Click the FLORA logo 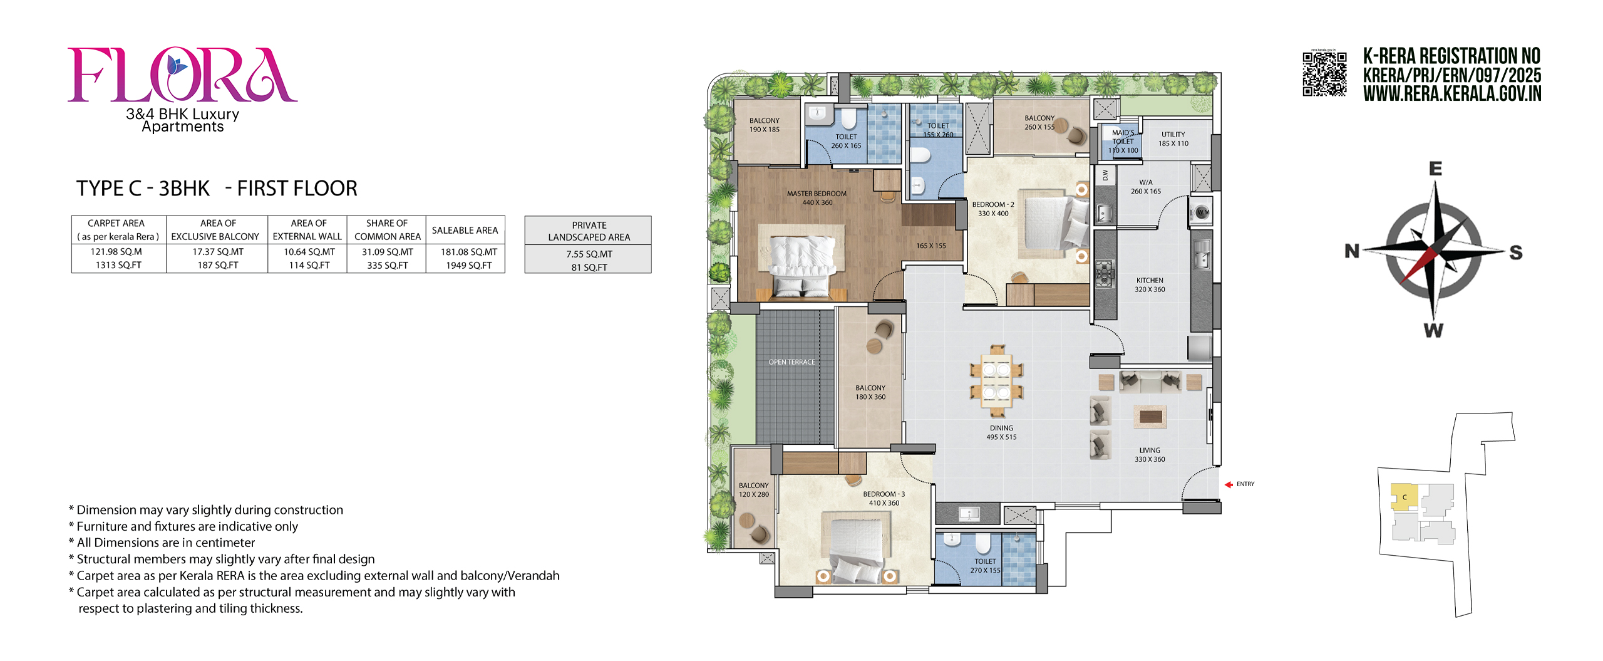[x=182, y=75]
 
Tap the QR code [x=1324, y=74]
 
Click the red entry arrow [x=1229, y=484]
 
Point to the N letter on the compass [x=1352, y=251]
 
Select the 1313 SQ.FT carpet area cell [x=118, y=265]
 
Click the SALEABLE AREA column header [x=465, y=230]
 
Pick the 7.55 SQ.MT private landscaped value [x=589, y=254]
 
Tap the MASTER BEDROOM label [x=817, y=194]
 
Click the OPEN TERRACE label [x=792, y=362]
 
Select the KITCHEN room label [x=1150, y=281]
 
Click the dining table [x=996, y=381]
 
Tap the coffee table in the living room [x=1150, y=416]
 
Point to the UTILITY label [x=1173, y=134]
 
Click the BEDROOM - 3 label [x=884, y=494]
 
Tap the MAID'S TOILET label [x=1123, y=137]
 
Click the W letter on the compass [x=1433, y=331]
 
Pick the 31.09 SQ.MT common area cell [x=388, y=252]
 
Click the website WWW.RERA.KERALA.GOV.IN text [x=1452, y=94]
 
